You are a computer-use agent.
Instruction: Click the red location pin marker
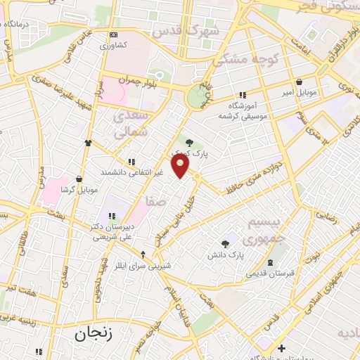tap(181, 166)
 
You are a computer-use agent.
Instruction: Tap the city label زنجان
tap(93, 335)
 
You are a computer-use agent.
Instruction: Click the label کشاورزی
tap(112, 45)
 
